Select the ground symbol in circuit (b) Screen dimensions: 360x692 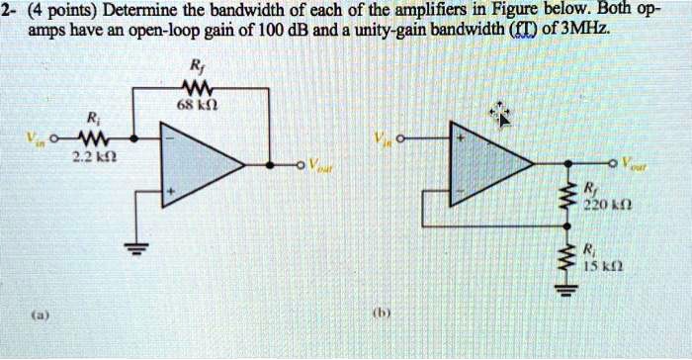click(565, 290)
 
